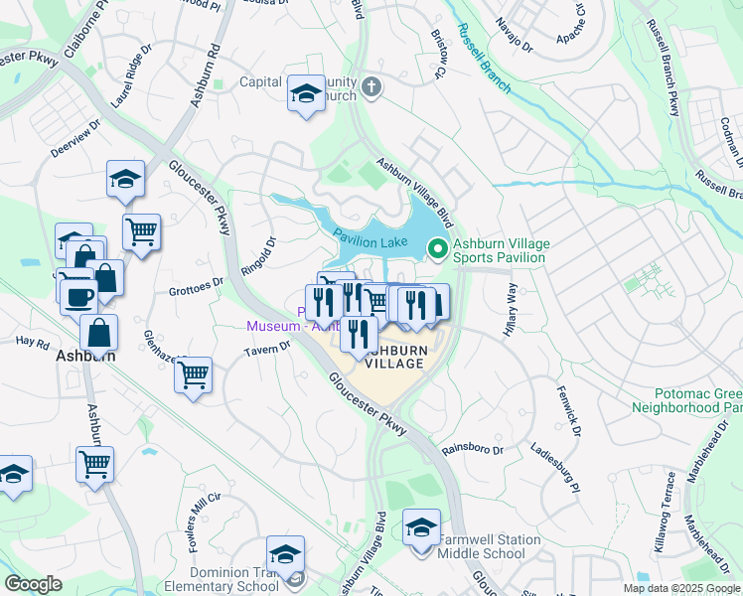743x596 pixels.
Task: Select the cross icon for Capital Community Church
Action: (371, 86)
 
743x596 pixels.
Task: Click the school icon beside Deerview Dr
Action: (126, 180)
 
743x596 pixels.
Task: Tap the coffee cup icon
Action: (78, 295)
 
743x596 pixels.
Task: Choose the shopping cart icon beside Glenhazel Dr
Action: (193, 376)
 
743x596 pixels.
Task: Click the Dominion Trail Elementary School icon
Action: (285, 554)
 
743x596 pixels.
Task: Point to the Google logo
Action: (33, 584)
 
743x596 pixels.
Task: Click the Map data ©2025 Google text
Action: (680, 588)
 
